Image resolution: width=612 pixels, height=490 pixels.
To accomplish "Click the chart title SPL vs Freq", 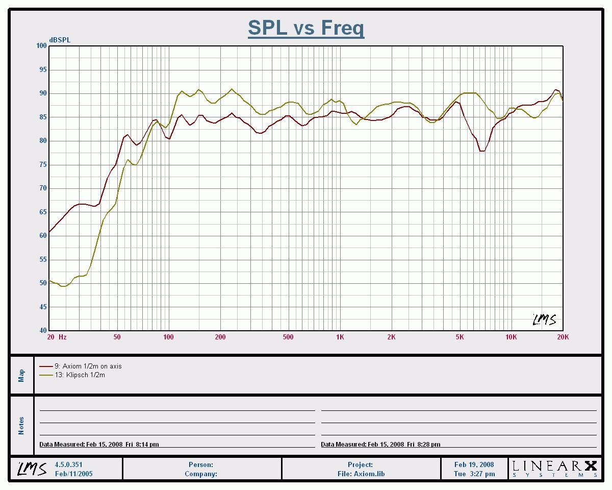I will click(x=306, y=28).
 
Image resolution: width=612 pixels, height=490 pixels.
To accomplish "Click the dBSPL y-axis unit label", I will click(x=60, y=40).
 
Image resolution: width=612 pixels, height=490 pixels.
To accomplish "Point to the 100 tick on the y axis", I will click(x=41, y=46).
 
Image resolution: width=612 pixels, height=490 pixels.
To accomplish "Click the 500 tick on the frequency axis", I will click(x=288, y=337).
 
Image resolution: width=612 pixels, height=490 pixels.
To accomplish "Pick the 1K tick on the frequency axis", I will click(x=340, y=337).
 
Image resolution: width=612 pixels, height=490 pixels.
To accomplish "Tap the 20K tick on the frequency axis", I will click(x=563, y=337).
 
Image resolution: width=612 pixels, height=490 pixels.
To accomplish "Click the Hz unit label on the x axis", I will click(x=62, y=337).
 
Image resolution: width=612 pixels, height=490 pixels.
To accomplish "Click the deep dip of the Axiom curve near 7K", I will click(x=482, y=151).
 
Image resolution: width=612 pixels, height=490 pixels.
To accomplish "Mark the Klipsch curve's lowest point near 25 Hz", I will click(x=64, y=286).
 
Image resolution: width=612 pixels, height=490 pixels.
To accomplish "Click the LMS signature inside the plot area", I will click(x=544, y=320).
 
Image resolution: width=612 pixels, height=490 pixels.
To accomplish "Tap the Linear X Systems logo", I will click(x=554, y=469).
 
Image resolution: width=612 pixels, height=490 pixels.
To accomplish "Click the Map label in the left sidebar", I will click(x=21, y=376).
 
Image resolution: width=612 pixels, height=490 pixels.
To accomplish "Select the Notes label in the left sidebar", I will click(x=21, y=426).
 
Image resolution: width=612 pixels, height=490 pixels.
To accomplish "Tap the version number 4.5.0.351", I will click(x=68, y=465).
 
